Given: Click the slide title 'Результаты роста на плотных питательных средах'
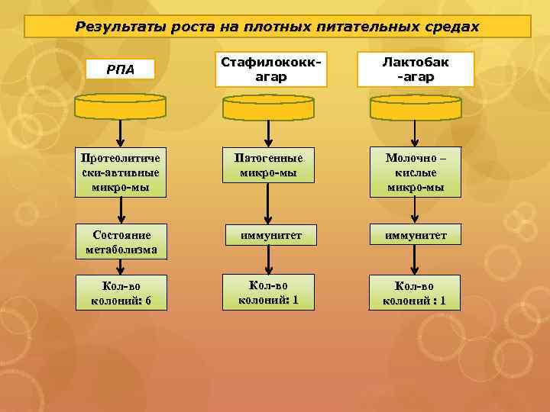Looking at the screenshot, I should tap(277, 27).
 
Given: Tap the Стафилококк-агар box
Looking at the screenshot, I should tap(267, 69).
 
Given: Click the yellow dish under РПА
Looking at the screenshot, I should tap(120, 106).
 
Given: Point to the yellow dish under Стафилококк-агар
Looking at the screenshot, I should tap(267, 106).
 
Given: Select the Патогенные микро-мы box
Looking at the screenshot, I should tap(267, 166).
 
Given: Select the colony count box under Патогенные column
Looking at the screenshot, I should tap(267, 291).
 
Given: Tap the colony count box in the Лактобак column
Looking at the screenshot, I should tap(413, 293).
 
